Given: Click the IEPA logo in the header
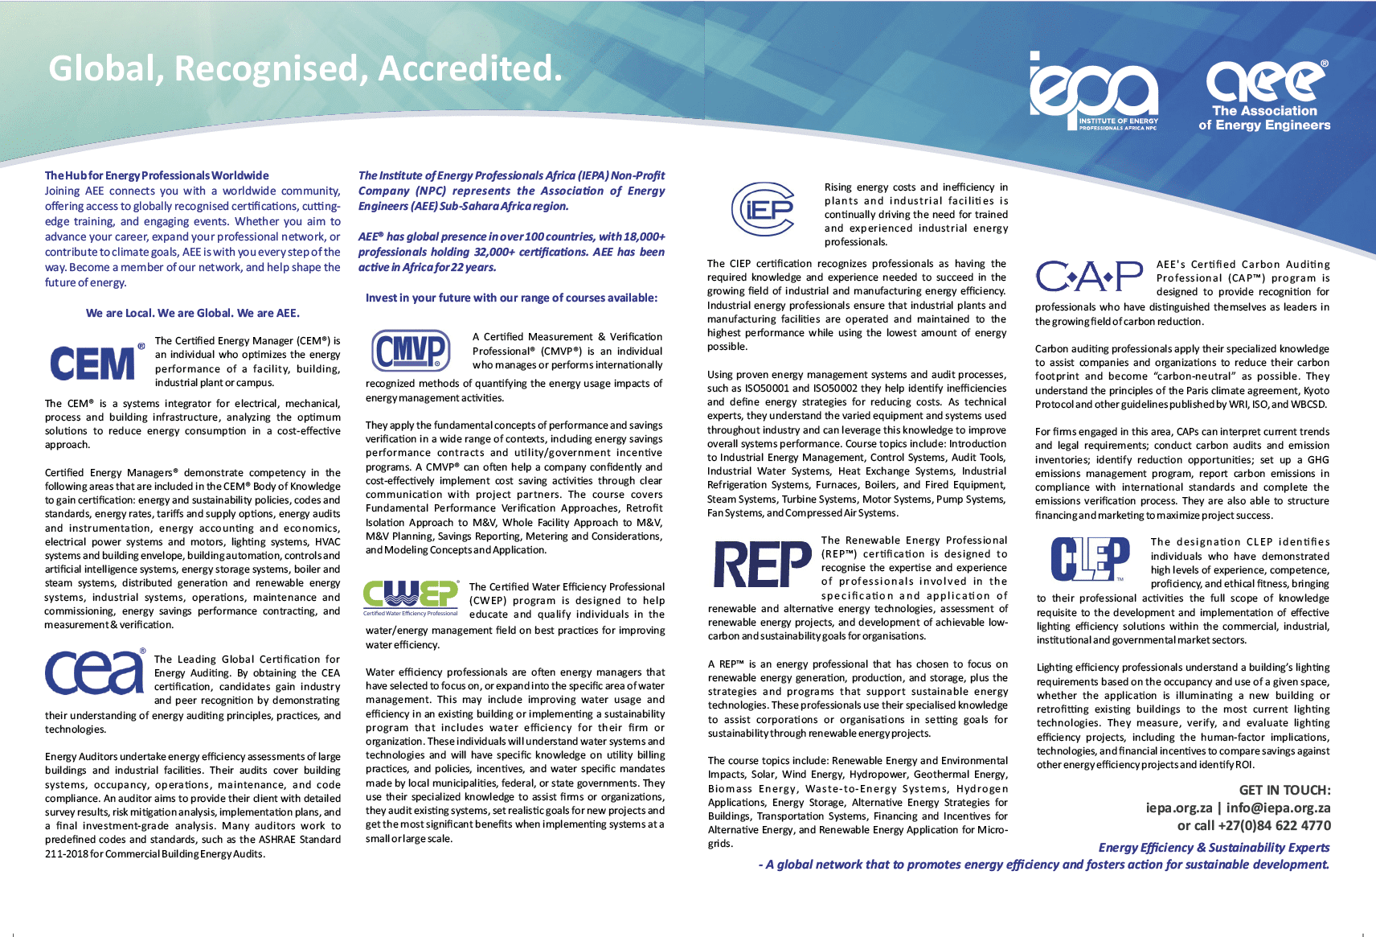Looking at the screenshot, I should pos(1093,90).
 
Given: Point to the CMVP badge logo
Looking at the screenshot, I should pos(411,351).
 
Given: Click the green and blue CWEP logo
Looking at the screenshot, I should pos(411,598).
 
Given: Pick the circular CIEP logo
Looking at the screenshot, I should pos(763,209).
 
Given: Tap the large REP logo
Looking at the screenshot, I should pos(762,564).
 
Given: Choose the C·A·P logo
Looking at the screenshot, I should pos(1089,277).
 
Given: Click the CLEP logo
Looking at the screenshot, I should pos(1090,558).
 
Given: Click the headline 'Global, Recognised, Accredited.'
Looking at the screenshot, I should pos(305,68).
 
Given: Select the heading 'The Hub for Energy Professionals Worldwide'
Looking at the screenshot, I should pos(157,175).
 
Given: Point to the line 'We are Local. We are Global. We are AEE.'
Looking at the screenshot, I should pos(193,313).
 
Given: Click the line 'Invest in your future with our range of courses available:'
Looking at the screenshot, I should pos(511,298).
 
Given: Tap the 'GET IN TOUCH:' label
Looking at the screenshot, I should pos(1284,790).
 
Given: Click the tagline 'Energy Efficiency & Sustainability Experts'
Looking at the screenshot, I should pos(1214,847).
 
